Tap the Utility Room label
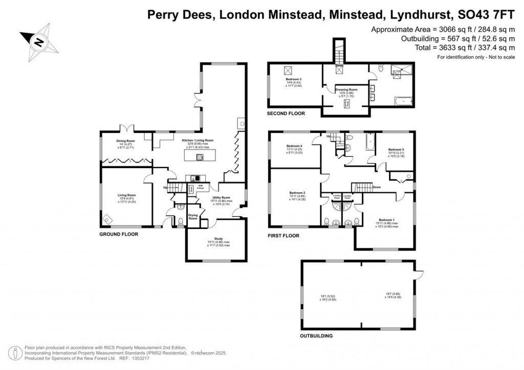218,197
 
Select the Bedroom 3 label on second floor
293,79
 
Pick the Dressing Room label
346,89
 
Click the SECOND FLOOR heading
286,113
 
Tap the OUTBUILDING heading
316,336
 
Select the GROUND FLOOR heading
119,234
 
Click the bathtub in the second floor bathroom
404,102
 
